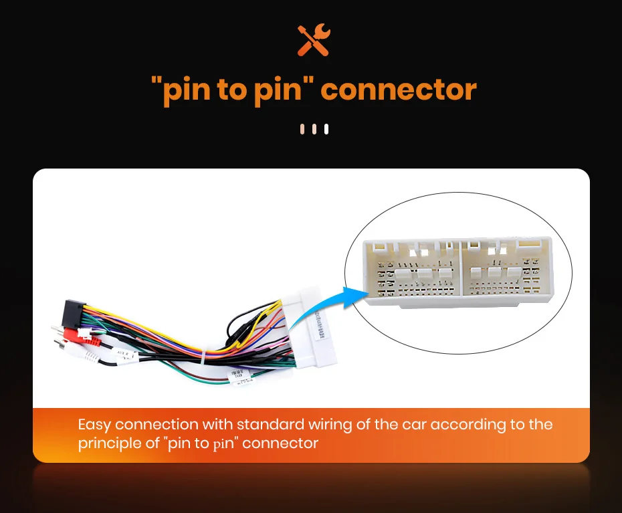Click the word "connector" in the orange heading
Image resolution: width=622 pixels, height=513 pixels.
pyautogui.click(x=399, y=89)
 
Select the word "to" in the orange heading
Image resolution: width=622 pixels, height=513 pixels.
pyautogui.click(x=231, y=90)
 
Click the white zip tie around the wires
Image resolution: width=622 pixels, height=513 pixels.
pyautogui.click(x=203, y=358)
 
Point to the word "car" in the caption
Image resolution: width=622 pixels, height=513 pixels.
pyautogui.click(x=418, y=425)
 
